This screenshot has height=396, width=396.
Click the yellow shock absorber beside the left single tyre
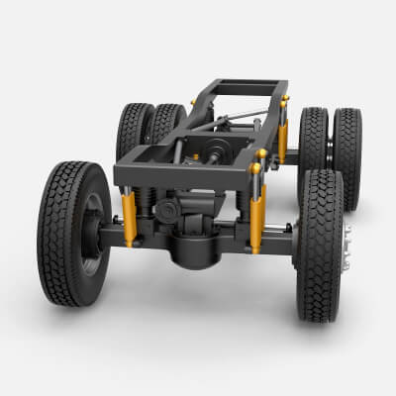[128, 219]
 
